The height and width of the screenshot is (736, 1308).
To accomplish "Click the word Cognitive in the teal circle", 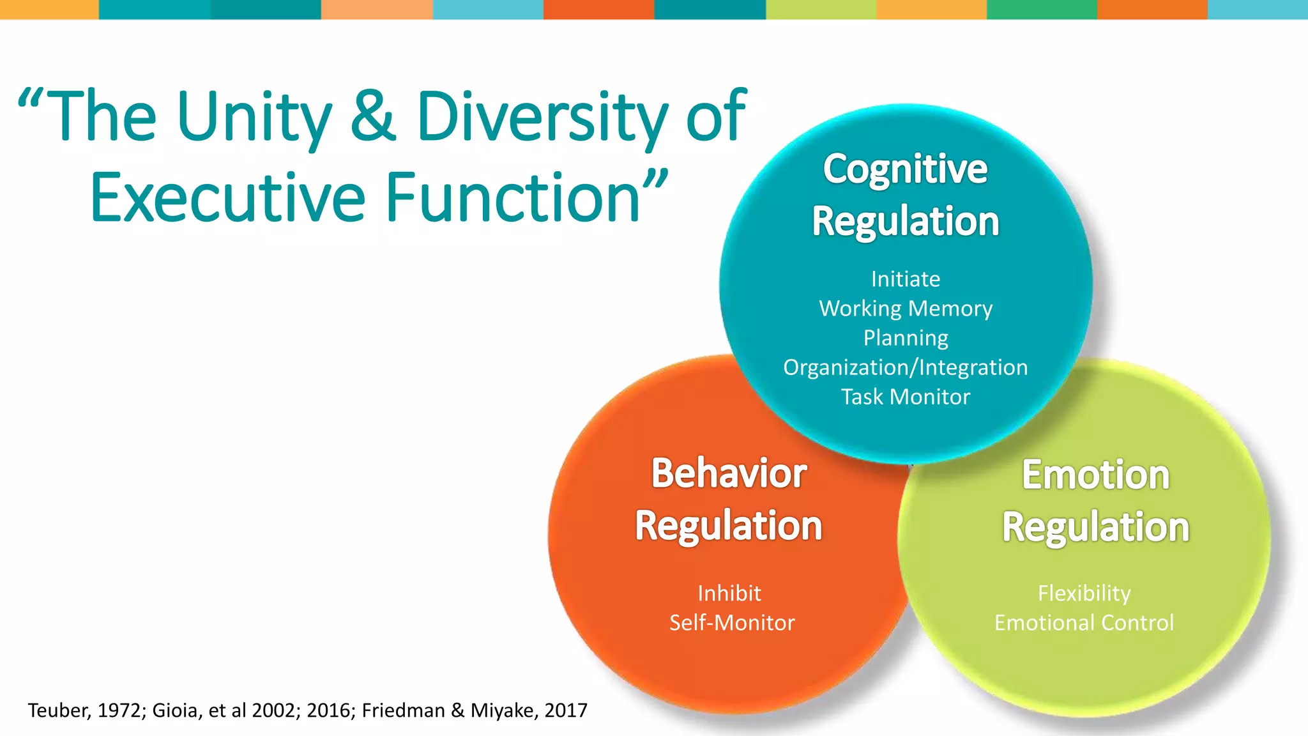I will (x=905, y=169).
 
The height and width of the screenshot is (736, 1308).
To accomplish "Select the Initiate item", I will (x=905, y=279).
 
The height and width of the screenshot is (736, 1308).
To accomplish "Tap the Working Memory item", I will (x=905, y=309).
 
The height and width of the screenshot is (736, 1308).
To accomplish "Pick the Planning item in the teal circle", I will (x=905, y=338).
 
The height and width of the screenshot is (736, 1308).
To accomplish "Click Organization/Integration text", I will (x=905, y=367).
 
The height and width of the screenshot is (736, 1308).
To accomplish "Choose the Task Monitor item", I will (x=905, y=397).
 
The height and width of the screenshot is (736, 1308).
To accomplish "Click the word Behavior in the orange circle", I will (x=729, y=473).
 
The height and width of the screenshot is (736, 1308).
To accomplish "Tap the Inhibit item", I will (x=729, y=594).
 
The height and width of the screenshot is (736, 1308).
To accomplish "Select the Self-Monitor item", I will (x=732, y=623).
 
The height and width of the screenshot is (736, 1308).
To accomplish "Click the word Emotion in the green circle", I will (x=1095, y=475).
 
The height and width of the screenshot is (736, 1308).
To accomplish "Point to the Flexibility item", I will (x=1084, y=594).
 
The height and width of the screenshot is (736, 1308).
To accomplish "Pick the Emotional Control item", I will (x=1084, y=623).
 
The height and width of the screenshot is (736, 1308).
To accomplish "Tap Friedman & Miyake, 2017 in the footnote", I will (x=474, y=710).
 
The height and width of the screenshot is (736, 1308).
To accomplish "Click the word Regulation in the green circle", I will (x=1095, y=528).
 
